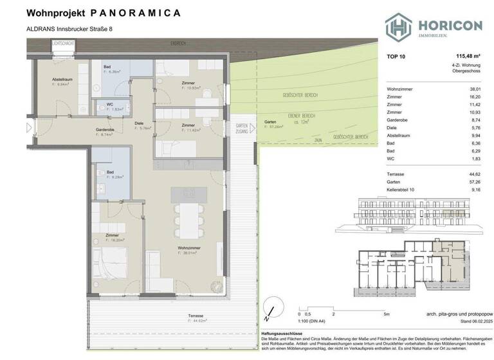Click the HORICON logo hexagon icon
(x=398, y=26)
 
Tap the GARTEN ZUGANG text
(x=242, y=127)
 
